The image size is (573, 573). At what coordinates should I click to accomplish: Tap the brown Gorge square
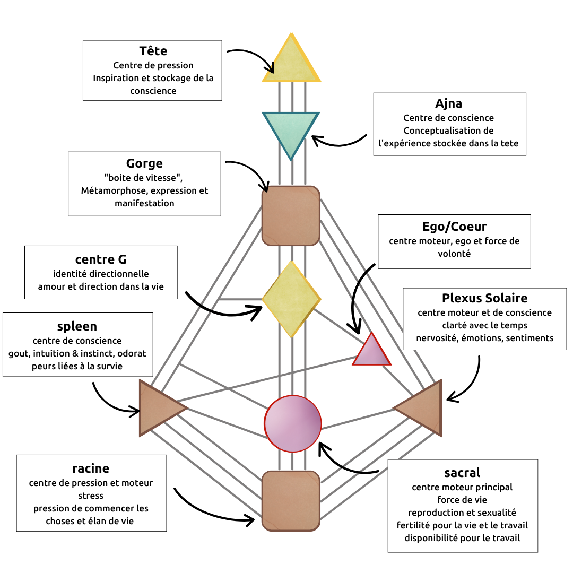coord(291,215)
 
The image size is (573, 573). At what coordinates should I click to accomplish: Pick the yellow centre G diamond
coord(291,299)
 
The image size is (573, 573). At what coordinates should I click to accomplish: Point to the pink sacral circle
coord(293,423)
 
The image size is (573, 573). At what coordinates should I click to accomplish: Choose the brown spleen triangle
coord(158,408)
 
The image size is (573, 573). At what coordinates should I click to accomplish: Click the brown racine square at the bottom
coord(291,500)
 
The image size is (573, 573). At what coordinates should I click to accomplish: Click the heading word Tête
coord(153,51)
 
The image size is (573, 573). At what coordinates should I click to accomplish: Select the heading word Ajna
coord(449,103)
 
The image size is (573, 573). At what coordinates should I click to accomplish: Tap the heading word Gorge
coord(144,163)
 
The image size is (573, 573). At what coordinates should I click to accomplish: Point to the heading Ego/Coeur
coord(454,227)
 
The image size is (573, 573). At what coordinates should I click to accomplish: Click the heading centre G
coord(101,259)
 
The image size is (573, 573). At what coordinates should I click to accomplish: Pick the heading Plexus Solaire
coord(485,298)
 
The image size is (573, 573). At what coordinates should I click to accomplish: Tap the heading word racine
coord(91,468)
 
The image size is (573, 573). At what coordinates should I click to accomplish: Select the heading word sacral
coord(462,472)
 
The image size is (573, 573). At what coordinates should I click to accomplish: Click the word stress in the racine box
coord(91,496)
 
